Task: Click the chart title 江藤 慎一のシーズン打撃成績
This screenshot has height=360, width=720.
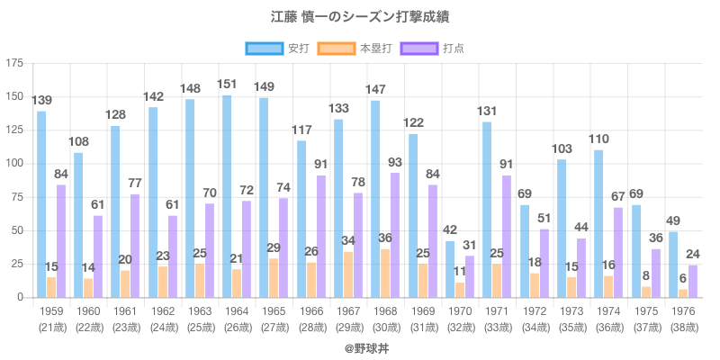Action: [x=360, y=16]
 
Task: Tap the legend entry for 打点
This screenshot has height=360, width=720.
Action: [x=431, y=48]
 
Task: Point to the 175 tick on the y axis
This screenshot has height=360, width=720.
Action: [x=15, y=63]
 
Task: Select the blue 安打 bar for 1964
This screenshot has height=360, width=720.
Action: [x=227, y=196]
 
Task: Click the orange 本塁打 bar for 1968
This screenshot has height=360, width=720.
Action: [x=385, y=274]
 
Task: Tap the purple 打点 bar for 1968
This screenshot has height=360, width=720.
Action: [x=394, y=235]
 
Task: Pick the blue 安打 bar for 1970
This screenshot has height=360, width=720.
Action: [x=450, y=269]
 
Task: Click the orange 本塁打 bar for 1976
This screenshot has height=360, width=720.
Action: [x=682, y=293]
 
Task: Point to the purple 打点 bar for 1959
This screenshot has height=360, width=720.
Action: [x=60, y=241]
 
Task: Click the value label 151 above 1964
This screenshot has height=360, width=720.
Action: [x=227, y=85]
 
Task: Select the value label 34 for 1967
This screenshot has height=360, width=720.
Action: [x=347, y=241]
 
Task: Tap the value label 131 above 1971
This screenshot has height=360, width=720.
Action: [x=487, y=112]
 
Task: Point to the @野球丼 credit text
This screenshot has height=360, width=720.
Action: [x=360, y=346]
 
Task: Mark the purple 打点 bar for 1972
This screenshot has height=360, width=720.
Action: [x=543, y=263]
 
